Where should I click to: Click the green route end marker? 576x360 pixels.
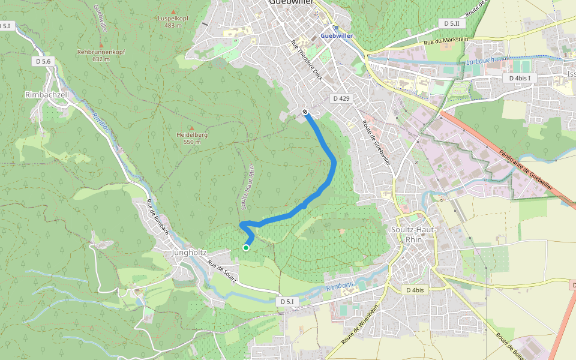click(246, 247)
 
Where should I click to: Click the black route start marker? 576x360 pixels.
click(305, 112)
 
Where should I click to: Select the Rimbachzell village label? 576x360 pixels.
click(47, 95)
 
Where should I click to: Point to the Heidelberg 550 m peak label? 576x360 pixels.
click(192, 138)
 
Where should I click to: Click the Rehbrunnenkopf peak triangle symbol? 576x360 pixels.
click(101, 45)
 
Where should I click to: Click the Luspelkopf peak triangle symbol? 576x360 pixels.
click(173, 11)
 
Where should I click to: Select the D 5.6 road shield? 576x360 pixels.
click(44, 61)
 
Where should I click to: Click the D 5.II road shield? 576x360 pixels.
click(452, 23)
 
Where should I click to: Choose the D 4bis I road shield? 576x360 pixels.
click(520, 78)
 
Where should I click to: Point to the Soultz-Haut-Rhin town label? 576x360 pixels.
click(407, 235)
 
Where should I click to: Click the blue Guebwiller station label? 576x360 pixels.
click(336, 35)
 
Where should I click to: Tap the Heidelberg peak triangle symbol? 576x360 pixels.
click(191, 128)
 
